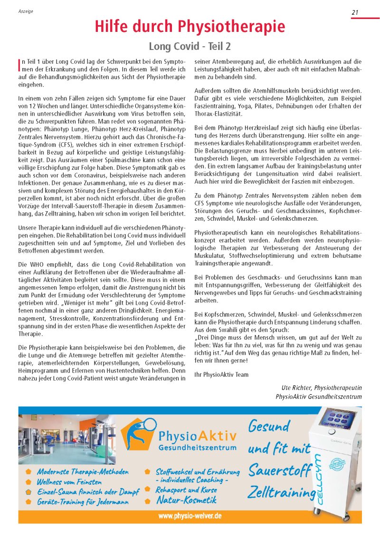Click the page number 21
click(355, 13)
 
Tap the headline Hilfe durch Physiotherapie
click(190, 26)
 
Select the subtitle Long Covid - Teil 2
click(190, 47)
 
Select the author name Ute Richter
click(298, 388)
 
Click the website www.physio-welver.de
click(190, 516)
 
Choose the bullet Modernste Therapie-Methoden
click(83, 472)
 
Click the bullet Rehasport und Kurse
click(186, 489)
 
